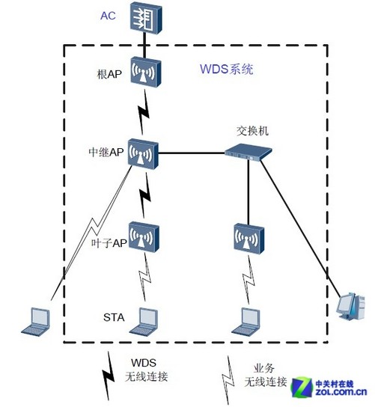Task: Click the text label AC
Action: click(x=109, y=15)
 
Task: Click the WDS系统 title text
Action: click(x=226, y=70)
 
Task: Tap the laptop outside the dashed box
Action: click(x=36, y=319)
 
